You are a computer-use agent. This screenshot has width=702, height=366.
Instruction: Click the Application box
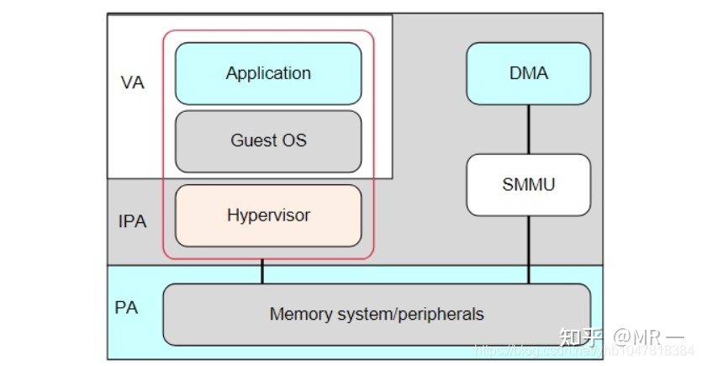[268, 74]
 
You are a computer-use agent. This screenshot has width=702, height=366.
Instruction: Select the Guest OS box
[268, 141]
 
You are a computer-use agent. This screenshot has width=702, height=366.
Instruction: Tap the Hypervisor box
[268, 215]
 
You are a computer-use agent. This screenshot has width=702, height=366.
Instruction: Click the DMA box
[529, 74]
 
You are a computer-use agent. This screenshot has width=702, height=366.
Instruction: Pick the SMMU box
[529, 184]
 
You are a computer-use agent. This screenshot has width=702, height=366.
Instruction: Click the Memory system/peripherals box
[377, 315]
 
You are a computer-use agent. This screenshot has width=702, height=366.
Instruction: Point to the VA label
[133, 83]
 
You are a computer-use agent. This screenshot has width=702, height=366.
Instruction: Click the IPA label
[132, 222]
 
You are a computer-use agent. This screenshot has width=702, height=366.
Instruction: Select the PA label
[126, 308]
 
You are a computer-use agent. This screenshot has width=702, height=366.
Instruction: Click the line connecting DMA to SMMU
[529, 130]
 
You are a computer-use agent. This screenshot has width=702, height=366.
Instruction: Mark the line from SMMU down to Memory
[529, 249]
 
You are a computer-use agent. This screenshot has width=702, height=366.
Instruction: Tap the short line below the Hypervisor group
[262, 271]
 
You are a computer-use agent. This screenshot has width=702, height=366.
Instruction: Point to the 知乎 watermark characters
[581, 338]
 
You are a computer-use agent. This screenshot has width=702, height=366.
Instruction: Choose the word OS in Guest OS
[295, 141]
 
